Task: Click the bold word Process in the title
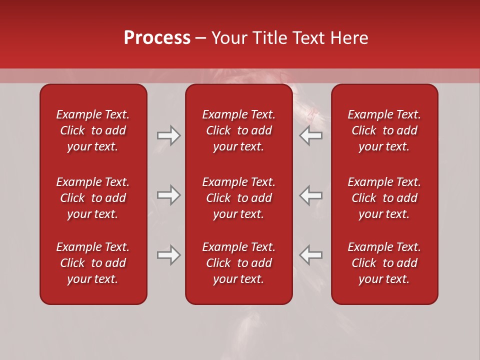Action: pos(157,38)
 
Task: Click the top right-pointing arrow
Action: pos(169,136)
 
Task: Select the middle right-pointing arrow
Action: pos(169,195)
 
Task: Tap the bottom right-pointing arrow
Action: pos(169,255)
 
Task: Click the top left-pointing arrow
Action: pos(310,136)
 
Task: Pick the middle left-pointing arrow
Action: pos(310,195)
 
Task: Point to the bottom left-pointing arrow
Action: pos(310,255)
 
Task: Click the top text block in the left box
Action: pos(93,130)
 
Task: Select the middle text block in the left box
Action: pos(93,198)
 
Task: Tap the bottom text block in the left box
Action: pos(93,263)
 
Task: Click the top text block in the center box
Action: pos(238,130)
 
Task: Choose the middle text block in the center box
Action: pos(238,198)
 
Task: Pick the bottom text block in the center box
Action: pos(238,263)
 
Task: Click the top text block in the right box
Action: pos(384,130)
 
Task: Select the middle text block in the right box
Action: pos(384,198)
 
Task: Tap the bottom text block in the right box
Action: pos(384,263)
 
